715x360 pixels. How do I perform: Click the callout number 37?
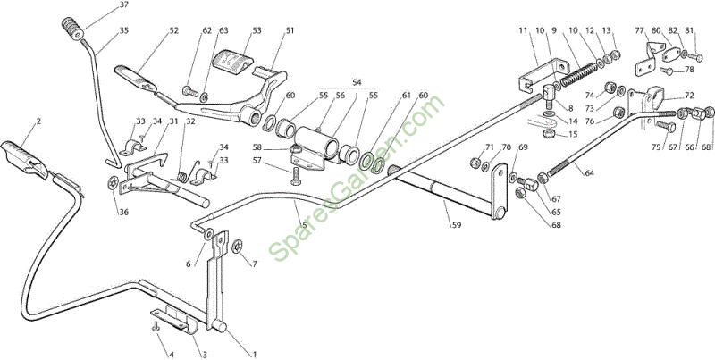point(123,4)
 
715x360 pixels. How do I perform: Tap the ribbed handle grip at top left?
point(72,29)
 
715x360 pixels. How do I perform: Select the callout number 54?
point(357,82)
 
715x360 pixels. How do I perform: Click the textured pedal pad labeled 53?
point(232,61)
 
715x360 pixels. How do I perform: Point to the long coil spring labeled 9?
point(578,74)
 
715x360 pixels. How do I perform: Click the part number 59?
point(456,224)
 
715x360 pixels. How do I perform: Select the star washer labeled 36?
point(113,184)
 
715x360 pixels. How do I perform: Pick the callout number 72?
point(689,96)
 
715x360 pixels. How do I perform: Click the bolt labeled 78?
point(665,71)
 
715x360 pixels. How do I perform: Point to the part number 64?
point(590,173)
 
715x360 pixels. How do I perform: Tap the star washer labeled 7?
point(237,247)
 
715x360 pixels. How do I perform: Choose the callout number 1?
point(255,354)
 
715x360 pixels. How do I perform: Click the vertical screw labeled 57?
point(295,175)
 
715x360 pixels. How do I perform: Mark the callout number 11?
point(523,30)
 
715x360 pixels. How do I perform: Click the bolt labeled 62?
point(190,91)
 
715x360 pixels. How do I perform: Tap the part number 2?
point(38,121)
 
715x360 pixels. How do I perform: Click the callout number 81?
point(689,30)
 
